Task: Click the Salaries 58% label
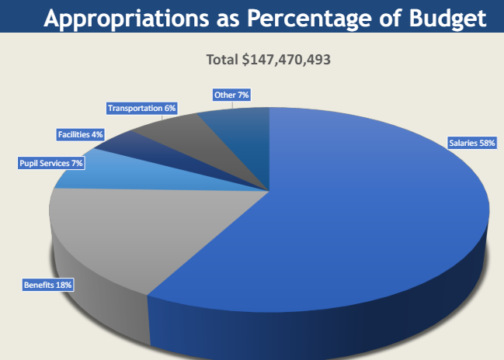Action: (x=471, y=143)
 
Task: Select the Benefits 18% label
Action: (x=48, y=286)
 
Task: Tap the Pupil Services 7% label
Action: (x=50, y=163)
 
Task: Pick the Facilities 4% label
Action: (x=80, y=134)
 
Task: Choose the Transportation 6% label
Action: (x=141, y=108)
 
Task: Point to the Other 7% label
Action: (x=231, y=95)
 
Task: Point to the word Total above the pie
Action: (x=221, y=59)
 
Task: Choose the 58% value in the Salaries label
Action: (x=486, y=143)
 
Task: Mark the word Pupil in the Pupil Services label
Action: (x=30, y=163)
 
